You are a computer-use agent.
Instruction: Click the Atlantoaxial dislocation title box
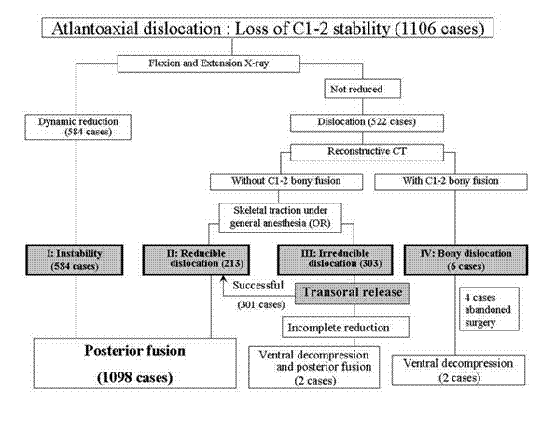[x=267, y=28]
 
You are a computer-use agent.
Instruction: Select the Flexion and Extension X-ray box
[x=209, y=63]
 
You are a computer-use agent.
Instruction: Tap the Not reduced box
[x=363, y=89]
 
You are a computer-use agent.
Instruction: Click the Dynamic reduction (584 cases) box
[x=78, y=127]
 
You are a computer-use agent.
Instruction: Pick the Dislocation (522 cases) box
[x=368, y=123]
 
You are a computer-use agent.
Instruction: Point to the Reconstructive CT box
[x=368, y=152]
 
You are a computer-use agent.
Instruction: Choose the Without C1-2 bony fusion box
[x=286, y=182]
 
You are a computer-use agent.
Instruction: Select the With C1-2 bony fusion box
[x=451, y=182]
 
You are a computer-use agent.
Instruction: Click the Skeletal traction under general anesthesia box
[x=281, y=218]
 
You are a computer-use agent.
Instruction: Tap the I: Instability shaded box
[x=75, y=260]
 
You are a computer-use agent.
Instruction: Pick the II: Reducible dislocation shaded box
[x=196, y=260]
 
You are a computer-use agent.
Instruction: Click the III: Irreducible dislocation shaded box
[x=335, y=260]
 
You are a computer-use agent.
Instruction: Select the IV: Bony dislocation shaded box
[x=466, y=260]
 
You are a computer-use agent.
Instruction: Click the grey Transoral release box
[x=352, y=293]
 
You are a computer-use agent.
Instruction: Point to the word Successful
[x=257, y=286]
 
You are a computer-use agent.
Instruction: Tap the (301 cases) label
[x=261, y=304]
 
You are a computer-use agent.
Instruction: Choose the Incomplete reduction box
[x=346, y=327]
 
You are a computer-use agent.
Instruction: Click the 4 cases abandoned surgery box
[x=489, y=309]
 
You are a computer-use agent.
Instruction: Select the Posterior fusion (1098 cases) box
[x=135, y=363]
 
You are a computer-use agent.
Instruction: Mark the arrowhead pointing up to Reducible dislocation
[x=223, y=278]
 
